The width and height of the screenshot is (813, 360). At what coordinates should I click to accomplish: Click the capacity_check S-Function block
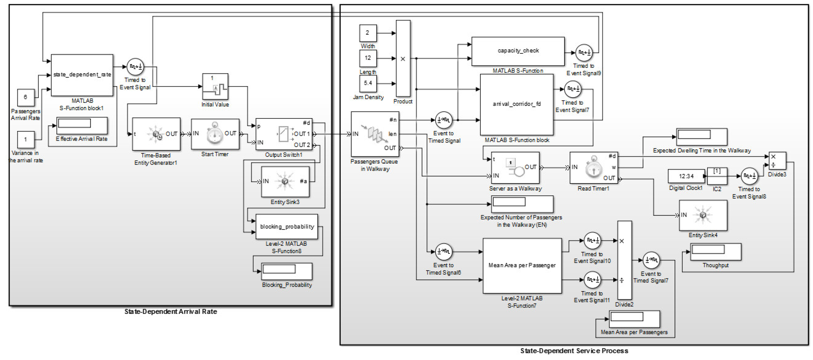pos(518,51)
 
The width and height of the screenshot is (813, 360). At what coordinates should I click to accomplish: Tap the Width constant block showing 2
pos(368,33)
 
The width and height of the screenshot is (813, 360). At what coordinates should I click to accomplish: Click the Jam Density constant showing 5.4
pos(368,83)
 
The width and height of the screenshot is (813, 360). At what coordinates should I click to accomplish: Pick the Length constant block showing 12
pos(368,58)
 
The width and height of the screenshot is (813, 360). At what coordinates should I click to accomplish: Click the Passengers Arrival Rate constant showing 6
pos(26,97)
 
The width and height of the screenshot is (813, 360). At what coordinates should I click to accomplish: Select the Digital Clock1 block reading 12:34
pos(686,176)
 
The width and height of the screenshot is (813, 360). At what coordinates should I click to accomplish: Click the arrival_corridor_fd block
pos(517,104)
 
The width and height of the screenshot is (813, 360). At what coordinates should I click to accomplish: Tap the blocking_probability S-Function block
pos(287,227)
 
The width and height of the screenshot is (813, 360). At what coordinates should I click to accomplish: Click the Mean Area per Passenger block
pos(522,265)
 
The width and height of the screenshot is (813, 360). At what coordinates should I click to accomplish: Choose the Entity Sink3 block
pos(285,181)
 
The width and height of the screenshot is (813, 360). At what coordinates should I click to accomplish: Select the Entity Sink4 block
pos(703,215)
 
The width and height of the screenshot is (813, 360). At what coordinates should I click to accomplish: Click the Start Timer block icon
pos(215,134)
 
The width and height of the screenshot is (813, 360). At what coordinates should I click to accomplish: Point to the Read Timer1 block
pos(593,168)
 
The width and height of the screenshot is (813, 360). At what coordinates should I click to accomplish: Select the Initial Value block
pos(215,86)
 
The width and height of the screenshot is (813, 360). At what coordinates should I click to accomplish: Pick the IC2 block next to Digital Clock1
pos(717,176)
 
